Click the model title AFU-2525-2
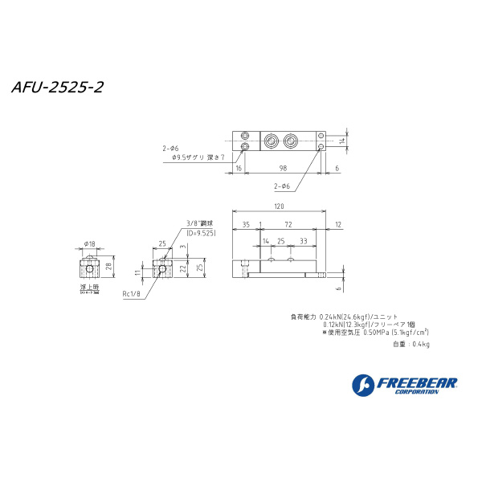point(57,87)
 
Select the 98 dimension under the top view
point(283,167)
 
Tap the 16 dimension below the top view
point(239,167)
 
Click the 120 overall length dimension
point(279,206)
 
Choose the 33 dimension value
point(303,240)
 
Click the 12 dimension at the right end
point(338,224)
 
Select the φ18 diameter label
point(89,243)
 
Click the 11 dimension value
point(138,273)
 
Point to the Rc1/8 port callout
point(131,294)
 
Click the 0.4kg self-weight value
point(421,344)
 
